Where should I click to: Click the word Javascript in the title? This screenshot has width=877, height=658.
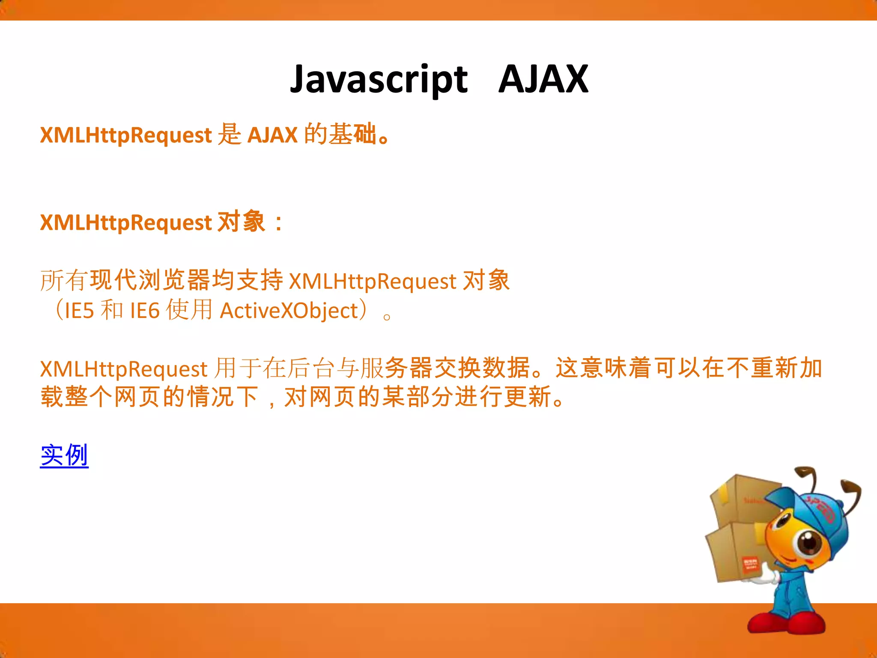(x=379, y=80)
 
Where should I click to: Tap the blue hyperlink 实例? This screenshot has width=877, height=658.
(x=64, y=455)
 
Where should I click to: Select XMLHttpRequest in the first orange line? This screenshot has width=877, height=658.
(x=126, y=135)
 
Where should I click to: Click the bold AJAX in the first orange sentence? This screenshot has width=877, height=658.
(x=272, y=135)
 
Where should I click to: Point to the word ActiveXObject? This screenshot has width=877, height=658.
(x=289, y=311)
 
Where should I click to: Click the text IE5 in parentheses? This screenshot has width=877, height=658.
(x=79, y=311)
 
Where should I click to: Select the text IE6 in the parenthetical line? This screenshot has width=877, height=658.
(x=145, y=311)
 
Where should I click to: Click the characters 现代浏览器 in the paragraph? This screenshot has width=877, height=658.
(x=150, y=281)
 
